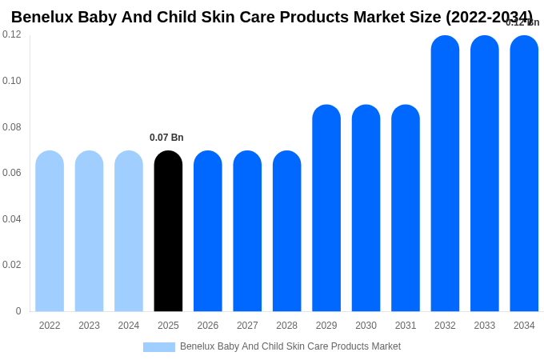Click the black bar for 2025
pos(168,231)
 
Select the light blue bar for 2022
pos(50,231)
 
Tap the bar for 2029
pos(326,208)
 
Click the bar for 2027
pos(247,231)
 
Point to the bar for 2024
pos(129,231)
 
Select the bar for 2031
pos(406,208)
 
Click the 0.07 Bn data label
pos(166,138)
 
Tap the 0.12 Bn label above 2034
pos(522,22)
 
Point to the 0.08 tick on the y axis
pos(12,127)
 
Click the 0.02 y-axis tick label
pos(12,265)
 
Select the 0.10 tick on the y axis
pos(12,81)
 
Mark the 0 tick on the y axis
pos(18,311)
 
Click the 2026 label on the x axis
pos(208,326)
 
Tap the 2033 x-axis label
pos(485,326)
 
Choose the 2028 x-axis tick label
pos(286,326)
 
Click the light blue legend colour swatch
pos(159,347)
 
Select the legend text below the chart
pos(290,346)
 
